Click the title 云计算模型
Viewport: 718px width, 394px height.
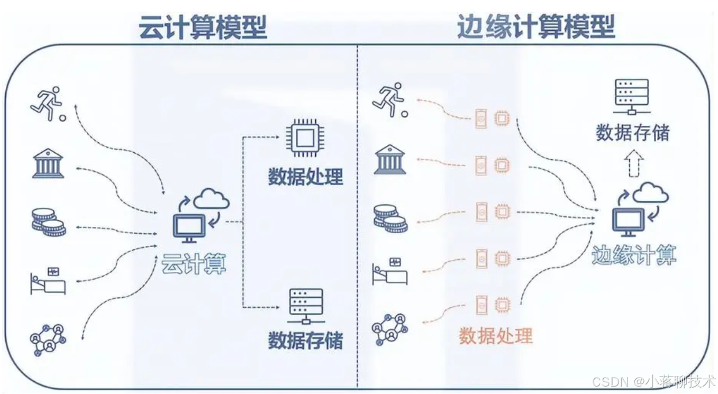(x=203, y=28)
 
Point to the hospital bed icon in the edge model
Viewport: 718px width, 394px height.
(x=390, y=271)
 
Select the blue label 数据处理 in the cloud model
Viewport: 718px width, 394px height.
(x=305, y=177)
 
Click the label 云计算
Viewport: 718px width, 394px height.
(x=194, y=262)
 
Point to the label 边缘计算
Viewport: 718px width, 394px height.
(x=633, y=256)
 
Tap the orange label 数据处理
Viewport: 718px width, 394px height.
(x=496, y=335)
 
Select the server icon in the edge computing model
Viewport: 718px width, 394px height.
(x=631, y=97)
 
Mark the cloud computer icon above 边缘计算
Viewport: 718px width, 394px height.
(x=640, y=209)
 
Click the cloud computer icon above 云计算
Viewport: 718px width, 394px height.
(x=201, y=215)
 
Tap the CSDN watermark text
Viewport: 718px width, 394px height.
(x=653, y=381)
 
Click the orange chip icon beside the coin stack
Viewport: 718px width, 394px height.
(x=501, y=212)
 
